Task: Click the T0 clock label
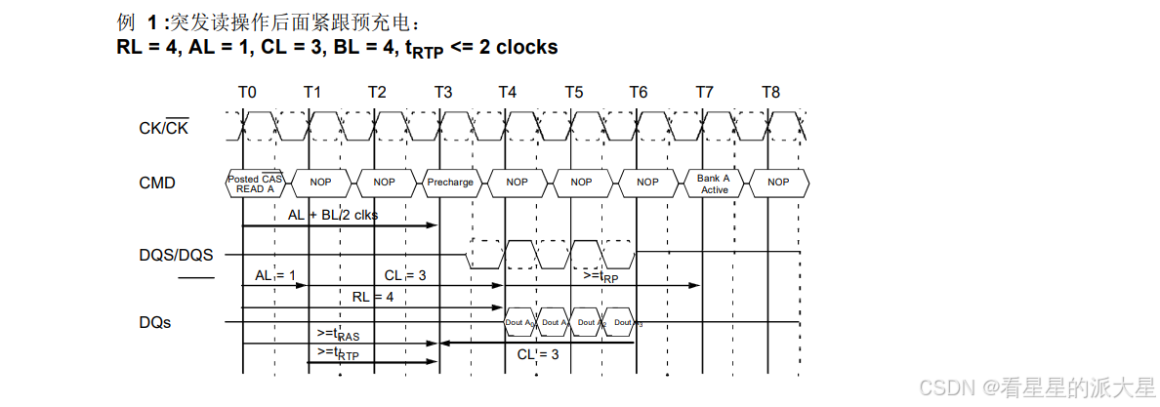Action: tap(247, 92)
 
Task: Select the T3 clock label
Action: tap(442, 92)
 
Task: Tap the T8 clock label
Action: tap(770, 92)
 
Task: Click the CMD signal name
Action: tap(157, 183)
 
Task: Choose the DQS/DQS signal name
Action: tap(176, 256)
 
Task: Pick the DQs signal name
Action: tap(155, 322)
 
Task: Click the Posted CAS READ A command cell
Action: tap(257, 183)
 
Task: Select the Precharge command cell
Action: tap(450, 183)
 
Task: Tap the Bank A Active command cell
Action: tap(714, 183)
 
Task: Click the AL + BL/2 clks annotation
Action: tap(333, 215)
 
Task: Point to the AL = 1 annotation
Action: tap(275, 276)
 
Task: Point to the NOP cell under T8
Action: tap(778, 183)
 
